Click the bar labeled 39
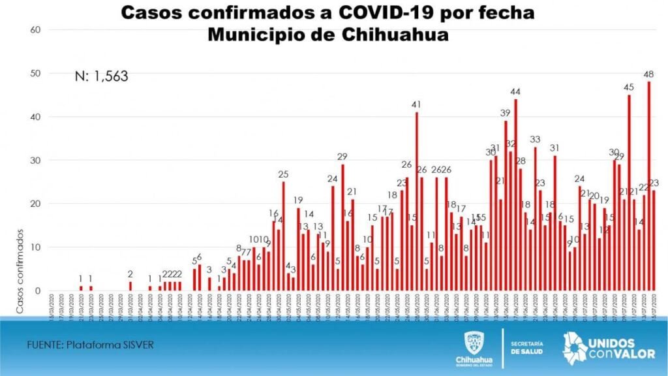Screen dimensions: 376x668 click(506, 206)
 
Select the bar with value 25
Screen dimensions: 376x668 click(283, 236)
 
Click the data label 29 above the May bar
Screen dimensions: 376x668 click(342, 157)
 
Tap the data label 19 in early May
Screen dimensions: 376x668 click(298, 200)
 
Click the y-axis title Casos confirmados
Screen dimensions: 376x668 click(20, 270)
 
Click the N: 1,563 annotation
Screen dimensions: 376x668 click(101, 76)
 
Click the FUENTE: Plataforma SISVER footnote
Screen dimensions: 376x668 click(91, 344)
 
